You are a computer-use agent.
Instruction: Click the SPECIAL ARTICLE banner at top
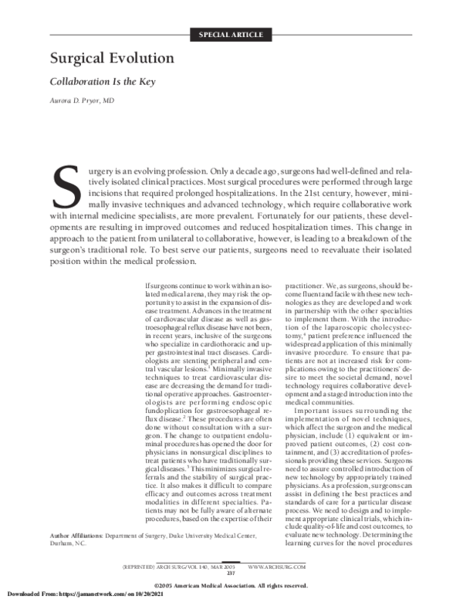[x=231, y=35]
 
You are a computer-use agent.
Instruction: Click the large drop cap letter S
[x=65, y=187]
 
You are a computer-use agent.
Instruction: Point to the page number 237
[x=231, y=572]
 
